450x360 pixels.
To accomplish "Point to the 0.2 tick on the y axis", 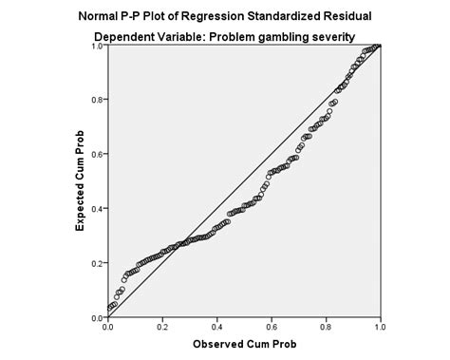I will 97,263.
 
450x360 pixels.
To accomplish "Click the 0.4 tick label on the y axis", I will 97,208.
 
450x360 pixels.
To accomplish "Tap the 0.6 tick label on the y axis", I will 97,154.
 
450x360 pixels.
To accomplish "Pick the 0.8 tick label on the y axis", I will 97,99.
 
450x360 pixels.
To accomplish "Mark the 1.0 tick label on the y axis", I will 97,46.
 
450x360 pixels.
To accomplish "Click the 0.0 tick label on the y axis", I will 97,317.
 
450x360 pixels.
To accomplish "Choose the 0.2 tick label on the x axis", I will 161,326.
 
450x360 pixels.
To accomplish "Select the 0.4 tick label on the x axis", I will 216,326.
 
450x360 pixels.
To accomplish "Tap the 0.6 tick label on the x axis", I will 271,326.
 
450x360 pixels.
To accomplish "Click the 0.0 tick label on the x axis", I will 107,326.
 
